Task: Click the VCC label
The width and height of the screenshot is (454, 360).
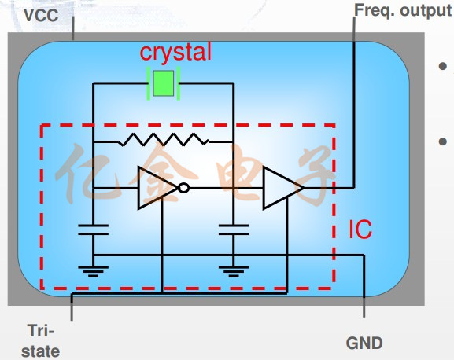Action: pyautogui.click(x=41, y=15)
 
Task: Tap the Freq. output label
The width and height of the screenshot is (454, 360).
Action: pyautogui.click(x=403, y=11)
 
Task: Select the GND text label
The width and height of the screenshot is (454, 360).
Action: pyautogui.click(x=364, y=343)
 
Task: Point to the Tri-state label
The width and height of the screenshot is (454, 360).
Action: pyautogui.click(x=41, y=341)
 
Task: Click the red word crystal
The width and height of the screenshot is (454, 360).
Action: pyautogui.click(x=175, y=52)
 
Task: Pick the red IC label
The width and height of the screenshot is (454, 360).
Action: pyautogui.click(x=360, y=230)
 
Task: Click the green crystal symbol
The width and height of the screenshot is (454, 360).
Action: pyautogui.click(x=164, y=83)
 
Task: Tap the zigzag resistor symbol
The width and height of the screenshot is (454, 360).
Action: pyautogui.click(x=164, y=139)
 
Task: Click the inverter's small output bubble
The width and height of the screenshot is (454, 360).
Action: pyautogui.click(x=184, y=188)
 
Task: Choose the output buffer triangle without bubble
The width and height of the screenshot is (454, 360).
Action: pyautogui.click(x=283, y=188)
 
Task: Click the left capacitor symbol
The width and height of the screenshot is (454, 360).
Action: pyautogui.click(x=93, y=230)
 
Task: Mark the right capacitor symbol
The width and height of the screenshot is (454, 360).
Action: pyautogui.click(x=234, y=230)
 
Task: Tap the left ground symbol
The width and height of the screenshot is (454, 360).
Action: pyautogui.click(x=93, y=271)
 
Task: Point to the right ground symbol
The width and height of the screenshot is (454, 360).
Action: pyautogui.click(x=234, y=271)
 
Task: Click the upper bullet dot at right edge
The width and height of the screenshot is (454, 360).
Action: pyautogui.click(x=442, y=66)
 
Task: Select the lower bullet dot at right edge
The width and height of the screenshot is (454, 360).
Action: pyautogui.click(x=442, y=141)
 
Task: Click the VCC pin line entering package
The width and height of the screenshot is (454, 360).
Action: pyautogui.click(x=73, y=28)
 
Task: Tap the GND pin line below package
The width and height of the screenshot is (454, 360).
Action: pyautogui.click(x=364, y=307)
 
